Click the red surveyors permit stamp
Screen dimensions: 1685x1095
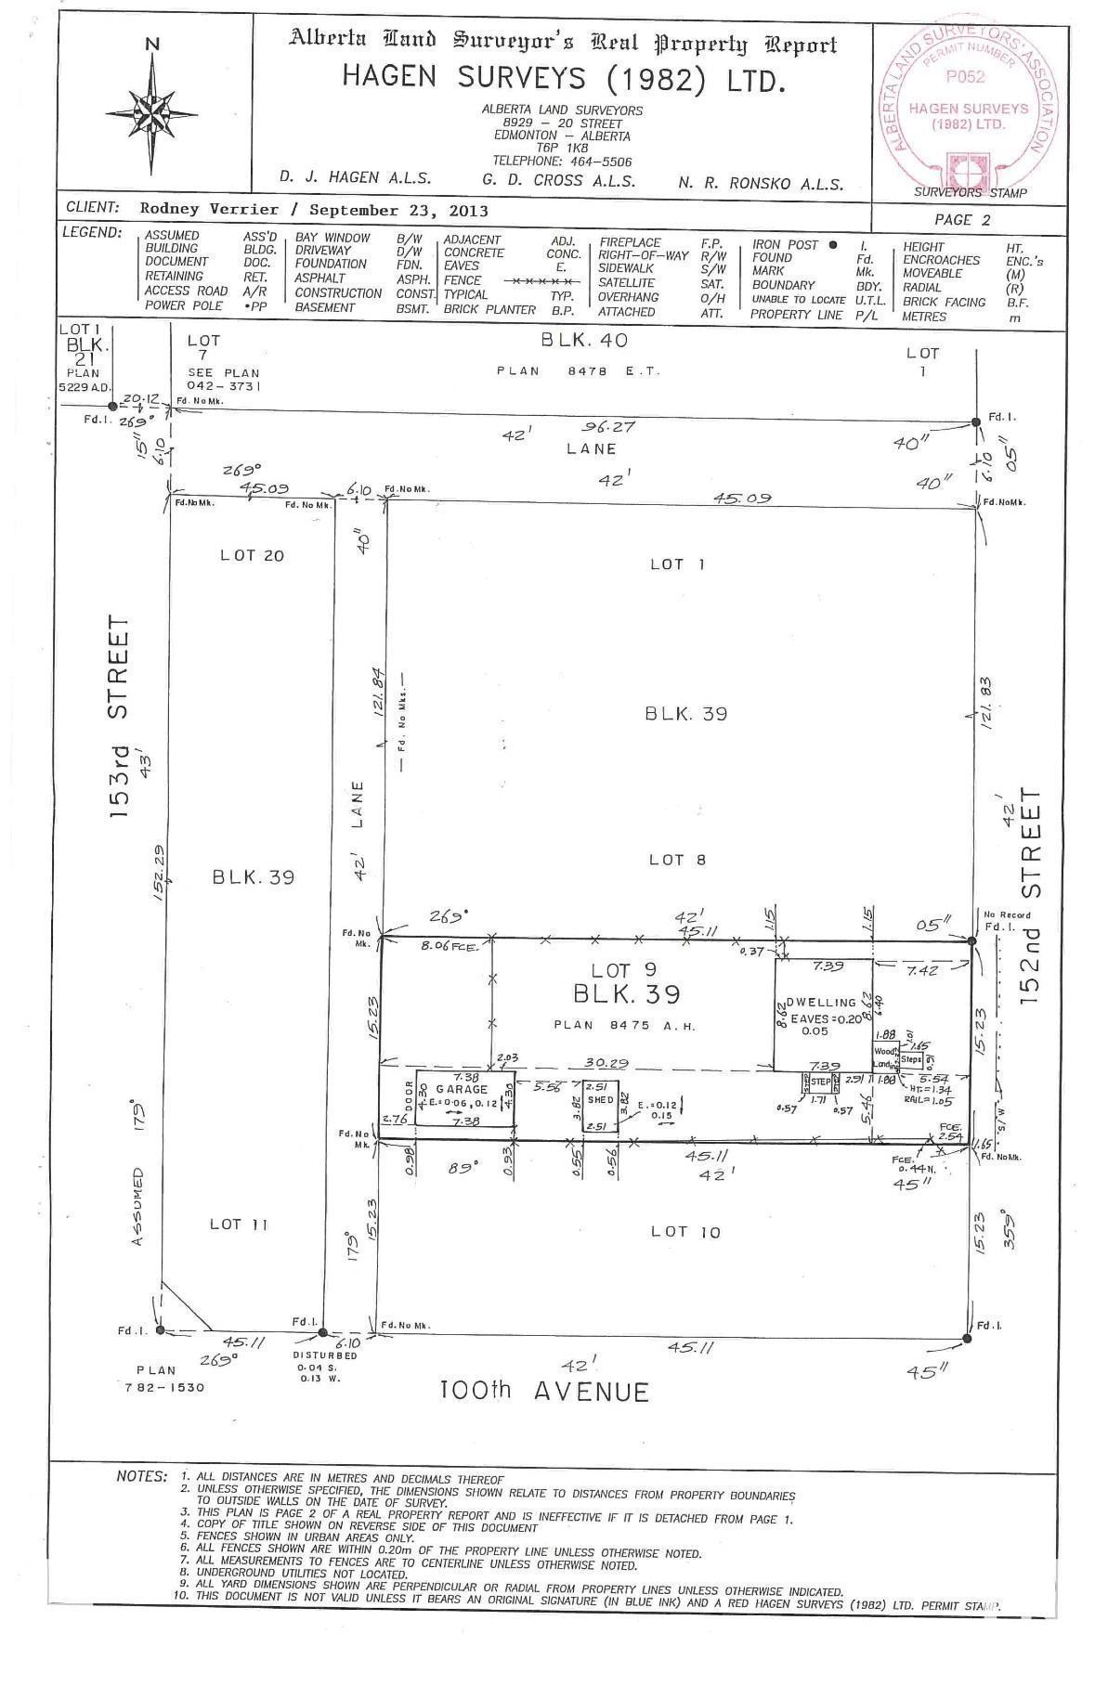[967, 108]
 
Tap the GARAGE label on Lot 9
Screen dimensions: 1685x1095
[462, 1089]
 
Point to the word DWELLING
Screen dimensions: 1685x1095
[821, 1002]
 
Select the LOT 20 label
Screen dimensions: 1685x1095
[252, 555]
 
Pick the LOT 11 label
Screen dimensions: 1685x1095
[239, 1225]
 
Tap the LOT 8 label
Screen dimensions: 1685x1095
[677, 860]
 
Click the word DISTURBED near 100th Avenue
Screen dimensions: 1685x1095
[327, 1354]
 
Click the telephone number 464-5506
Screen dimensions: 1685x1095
[595, 160]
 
